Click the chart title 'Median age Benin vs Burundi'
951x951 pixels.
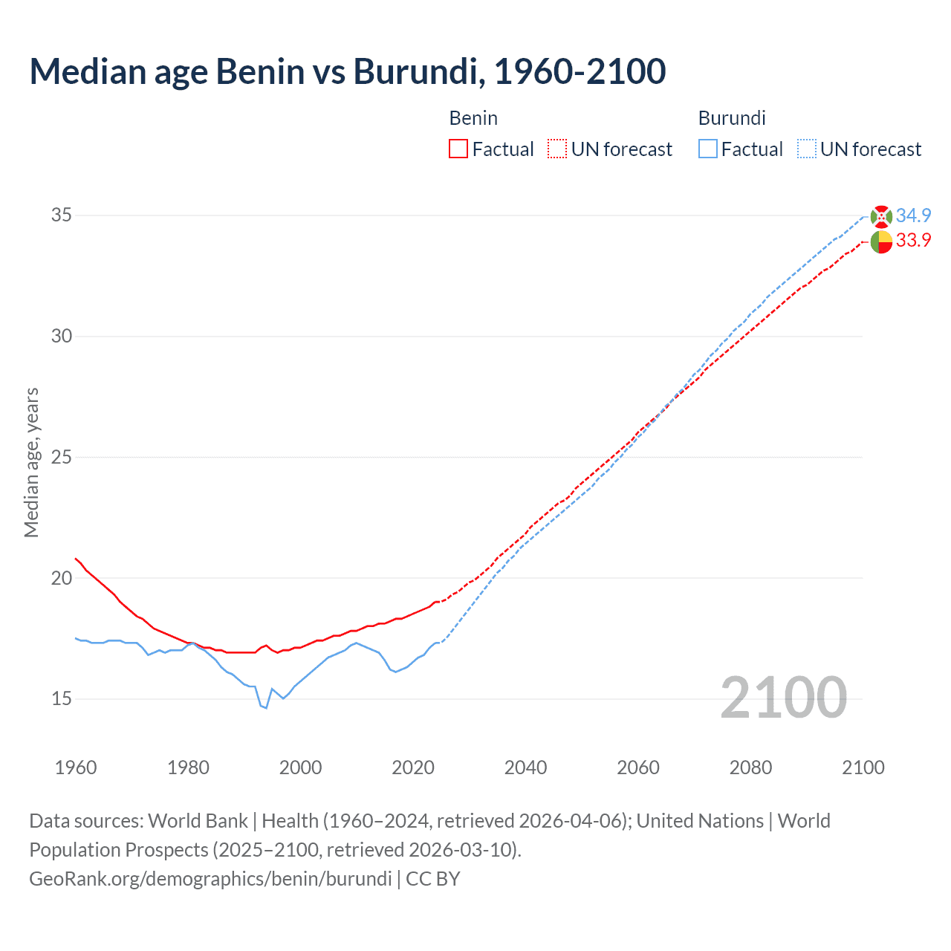click(x=347, y=72)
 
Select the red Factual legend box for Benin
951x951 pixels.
click(x=458, y=149)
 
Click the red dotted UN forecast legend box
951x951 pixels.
click(x=557, y=149)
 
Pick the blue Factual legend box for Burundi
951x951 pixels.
click(x=708, y=149)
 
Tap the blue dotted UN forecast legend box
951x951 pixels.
click(x=806, y=149)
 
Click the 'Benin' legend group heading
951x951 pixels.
click(x=473, y=118)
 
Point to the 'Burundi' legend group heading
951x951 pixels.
click(x=732, y=118)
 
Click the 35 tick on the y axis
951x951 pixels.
click(x=62, y=215)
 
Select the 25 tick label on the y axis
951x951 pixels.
click(x=62, y=457)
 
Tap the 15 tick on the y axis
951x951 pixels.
click(x=62, y=699)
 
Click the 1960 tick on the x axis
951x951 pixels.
click(x=76, y=767)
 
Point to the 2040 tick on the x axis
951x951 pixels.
click(x=525, y=767)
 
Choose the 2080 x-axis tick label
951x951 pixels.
click(x=750, y=767)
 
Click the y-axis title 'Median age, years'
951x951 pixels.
click(x=31, y=462)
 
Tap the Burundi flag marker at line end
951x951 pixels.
click(x=881, y=216)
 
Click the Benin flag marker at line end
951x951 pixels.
click(x=881, y=242)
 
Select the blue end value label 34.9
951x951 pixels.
click(x=913, y=215)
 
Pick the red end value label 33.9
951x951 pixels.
click(x=913, y=240)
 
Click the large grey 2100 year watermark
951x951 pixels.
click(x=784, y=698)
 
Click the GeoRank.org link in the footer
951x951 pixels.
click(x=210, y=879)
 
